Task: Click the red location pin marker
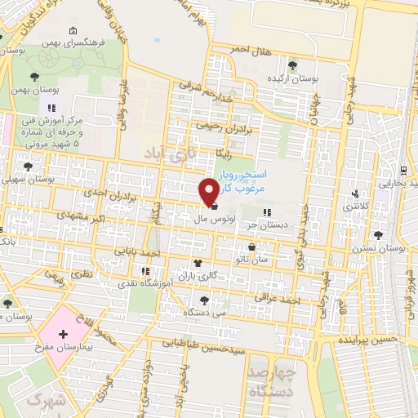210,190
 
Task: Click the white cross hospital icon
64,336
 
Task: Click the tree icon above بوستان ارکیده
292,64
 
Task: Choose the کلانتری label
353,208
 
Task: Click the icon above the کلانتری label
354,194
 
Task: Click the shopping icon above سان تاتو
251,247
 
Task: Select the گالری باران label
199,276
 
